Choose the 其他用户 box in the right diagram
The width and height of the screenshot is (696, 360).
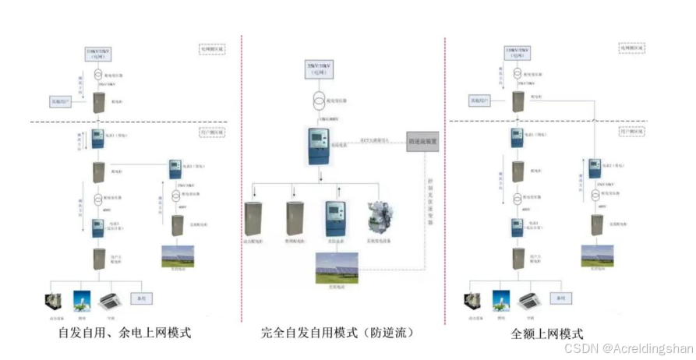(x=482, y=101)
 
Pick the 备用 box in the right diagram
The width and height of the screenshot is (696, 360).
(x=558, y=298)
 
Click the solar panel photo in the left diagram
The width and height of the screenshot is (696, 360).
(x=177, y=257)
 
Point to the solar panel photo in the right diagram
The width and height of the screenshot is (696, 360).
(x=597, y=256)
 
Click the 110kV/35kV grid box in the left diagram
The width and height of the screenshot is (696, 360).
(x=98, y=54)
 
